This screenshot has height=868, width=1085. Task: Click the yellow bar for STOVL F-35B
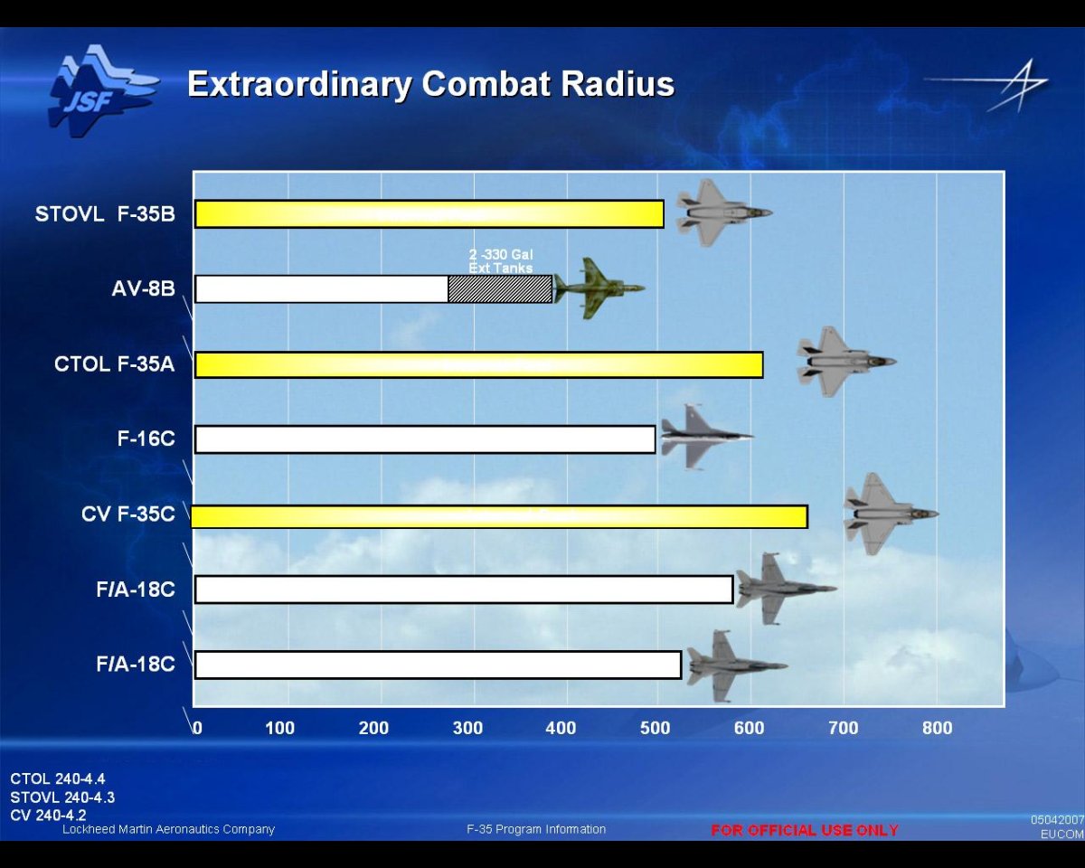point(429,214)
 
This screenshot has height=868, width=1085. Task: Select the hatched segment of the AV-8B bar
point(500,289)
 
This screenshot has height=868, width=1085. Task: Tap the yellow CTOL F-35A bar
point(479,364)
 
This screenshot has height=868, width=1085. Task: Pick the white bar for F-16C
point(425,439)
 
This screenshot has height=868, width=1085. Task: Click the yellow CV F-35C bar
point(499,516)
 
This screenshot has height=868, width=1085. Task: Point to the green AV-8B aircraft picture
point(598,288)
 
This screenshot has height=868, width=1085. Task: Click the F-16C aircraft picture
point(703,437)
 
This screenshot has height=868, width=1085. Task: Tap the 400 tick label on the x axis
point(561,729)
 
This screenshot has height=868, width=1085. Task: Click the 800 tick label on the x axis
point(937,729)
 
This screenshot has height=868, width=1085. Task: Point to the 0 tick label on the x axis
point(197,729)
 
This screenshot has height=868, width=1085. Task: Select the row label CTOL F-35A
point(114,364)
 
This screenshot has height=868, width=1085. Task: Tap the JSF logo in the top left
point(101,90)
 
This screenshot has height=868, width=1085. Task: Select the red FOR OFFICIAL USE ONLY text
point(805,830)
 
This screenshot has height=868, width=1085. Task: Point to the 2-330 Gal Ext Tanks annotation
point(500,261)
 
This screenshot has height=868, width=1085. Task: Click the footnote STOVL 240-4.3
point(62,797)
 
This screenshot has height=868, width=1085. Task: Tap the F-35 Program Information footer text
point(536,829)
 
